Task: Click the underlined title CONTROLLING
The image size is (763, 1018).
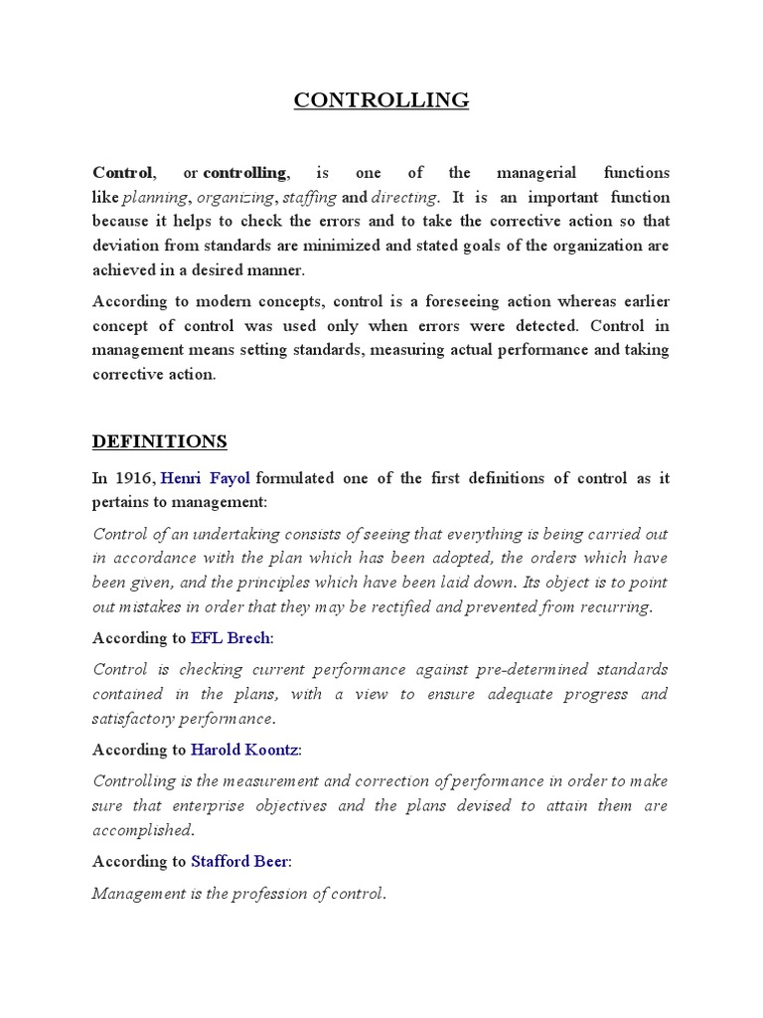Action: click(381, 100)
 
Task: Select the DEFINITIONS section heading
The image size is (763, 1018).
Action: click(160, 440)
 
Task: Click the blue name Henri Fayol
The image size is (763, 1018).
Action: click(206, 478)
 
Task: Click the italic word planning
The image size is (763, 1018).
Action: click(154, 198)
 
